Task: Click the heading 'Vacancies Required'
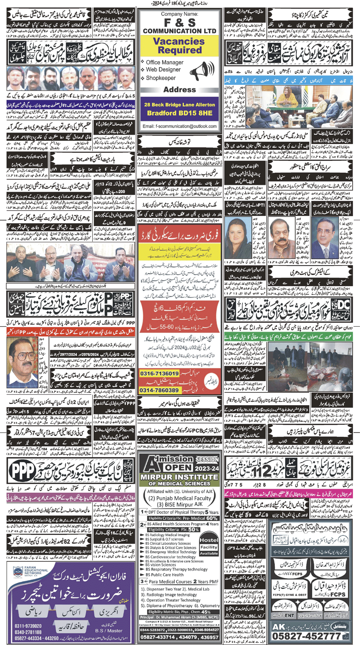click(180, 45)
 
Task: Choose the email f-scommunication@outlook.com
click(180, 126)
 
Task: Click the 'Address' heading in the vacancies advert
click(180, 89)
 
